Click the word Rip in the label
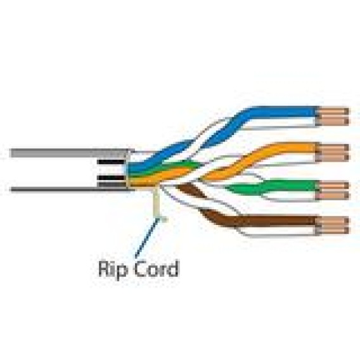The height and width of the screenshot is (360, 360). click(113, 269)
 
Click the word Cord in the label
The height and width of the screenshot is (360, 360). click(156, 268)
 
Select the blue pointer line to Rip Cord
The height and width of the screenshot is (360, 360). click(147, 238)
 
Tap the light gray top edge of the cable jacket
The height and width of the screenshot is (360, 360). click(70, 153)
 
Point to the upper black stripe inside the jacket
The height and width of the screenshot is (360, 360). click(111, 162)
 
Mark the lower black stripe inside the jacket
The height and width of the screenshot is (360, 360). click(111, 177)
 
